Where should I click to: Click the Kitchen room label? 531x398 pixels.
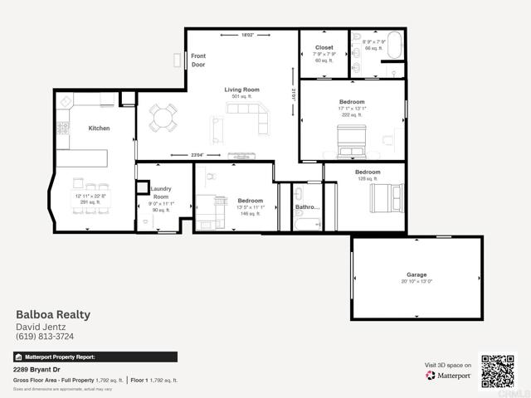pyautogui.click(x=100, y=129)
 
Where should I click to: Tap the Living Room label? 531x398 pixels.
pyautogui.click(x=242, y=90)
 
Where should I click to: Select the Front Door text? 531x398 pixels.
pyautogui.click(x=198, y=60)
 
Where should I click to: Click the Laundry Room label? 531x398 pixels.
pyautogui.click(x=160, y=192)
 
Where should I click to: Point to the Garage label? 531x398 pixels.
pyautogui.click(x=417, y=274)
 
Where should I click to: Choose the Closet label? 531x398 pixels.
pyautogui.click(x=324, y=47)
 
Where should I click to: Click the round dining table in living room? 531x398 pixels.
pyautogui.click(x=163, y=119)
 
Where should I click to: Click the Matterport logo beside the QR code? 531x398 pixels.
pyautogui.click(x=449, y=376)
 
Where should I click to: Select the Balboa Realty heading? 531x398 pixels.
pyautogui.click(x=53, y=314)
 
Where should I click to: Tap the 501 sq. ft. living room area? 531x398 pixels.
pyautogui.click(x=242, y=97)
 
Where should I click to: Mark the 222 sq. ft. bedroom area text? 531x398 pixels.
pyautogui.click(x=352, y=115)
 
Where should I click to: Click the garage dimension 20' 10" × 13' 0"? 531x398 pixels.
pyautogui.click(x=417, y=282)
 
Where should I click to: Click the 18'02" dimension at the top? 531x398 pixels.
pyautogui.click(x=248, y=35)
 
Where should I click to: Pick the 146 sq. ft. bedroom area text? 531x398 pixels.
pyautogui.click(x=251, y=214)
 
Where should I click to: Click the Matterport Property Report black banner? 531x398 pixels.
pyautogui.click(x=95, y=357)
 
